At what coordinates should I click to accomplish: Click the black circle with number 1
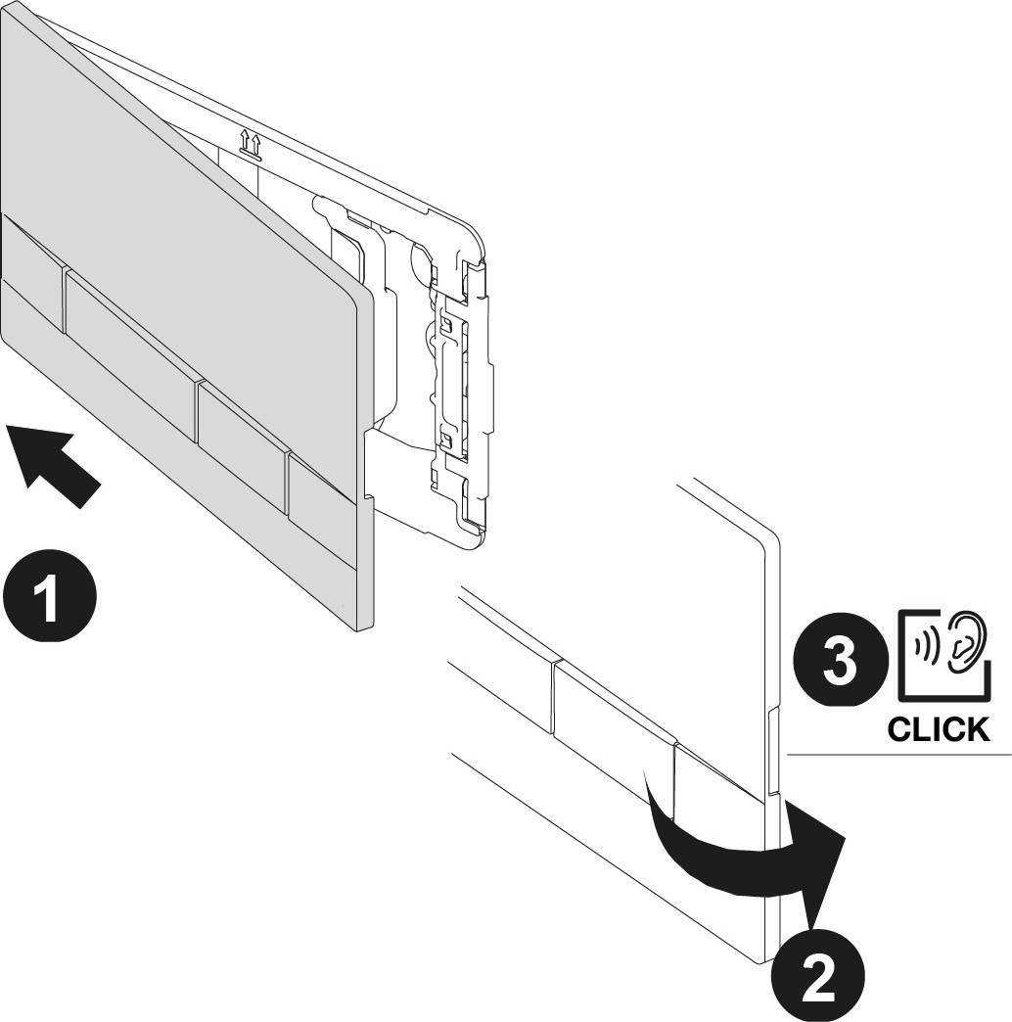click(x=50, y=597)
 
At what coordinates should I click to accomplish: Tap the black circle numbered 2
click(x=818, y=976)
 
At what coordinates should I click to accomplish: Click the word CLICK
click(x=939, y=730)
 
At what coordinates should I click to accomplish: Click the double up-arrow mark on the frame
click(x=251, y=144)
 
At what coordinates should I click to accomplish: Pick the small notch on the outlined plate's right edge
click(x=773, y=750)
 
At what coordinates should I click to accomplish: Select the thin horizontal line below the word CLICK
click(x=899, y=754)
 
